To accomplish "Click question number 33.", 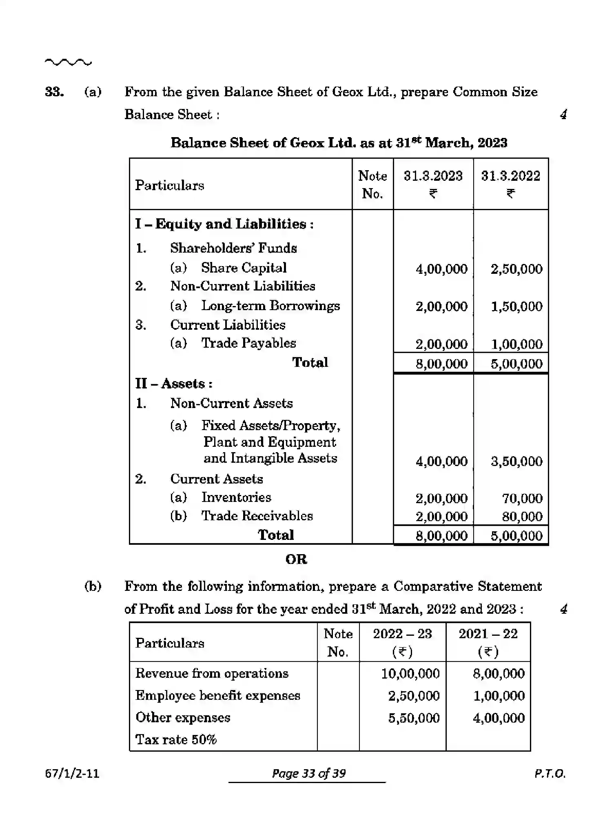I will pyautogui.click(x=54, y=92).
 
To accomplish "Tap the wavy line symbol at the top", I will pyautogui.click(x=68, y=62).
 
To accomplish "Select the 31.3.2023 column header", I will pyautogui.click(x=433, y=176).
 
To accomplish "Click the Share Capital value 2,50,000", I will pyautogui.click(x=516, y=269).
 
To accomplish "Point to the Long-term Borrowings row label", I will pyautogui.click(x=270, y=306).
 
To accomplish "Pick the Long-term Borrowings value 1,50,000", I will pyautogui.click(x=516, y=306).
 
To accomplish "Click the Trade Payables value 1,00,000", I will pyautogui.click(x=516, y=344).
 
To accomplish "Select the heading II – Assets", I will pyautogui.click(x=174, y=384).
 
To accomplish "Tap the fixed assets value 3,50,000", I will pyautogui.click(x=516, y=461).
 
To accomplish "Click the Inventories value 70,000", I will pyautogui.click(x=522, y=498).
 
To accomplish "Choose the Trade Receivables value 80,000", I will pyautogui.click(x=522, y=517).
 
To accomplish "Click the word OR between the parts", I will pyautogui.click(x=296, y=559).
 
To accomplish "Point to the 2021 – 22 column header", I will pyautogui.click(x=488, y=634).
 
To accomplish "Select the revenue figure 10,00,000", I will pyautogui.click(x=410, y=673).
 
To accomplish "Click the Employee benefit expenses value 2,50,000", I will pyautogui.click(x=414, y=695).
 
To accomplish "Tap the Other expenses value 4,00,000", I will pyautogui.click(x=499, y=718).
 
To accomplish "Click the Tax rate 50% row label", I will pyautogui.click(x=176, y=739).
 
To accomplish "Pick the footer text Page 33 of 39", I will pyautogui.click(x=308, y=773).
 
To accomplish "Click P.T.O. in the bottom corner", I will pyautogui.click(x=550, y=773).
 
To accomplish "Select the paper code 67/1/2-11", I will pyautogui.click(x=72, y=773).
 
